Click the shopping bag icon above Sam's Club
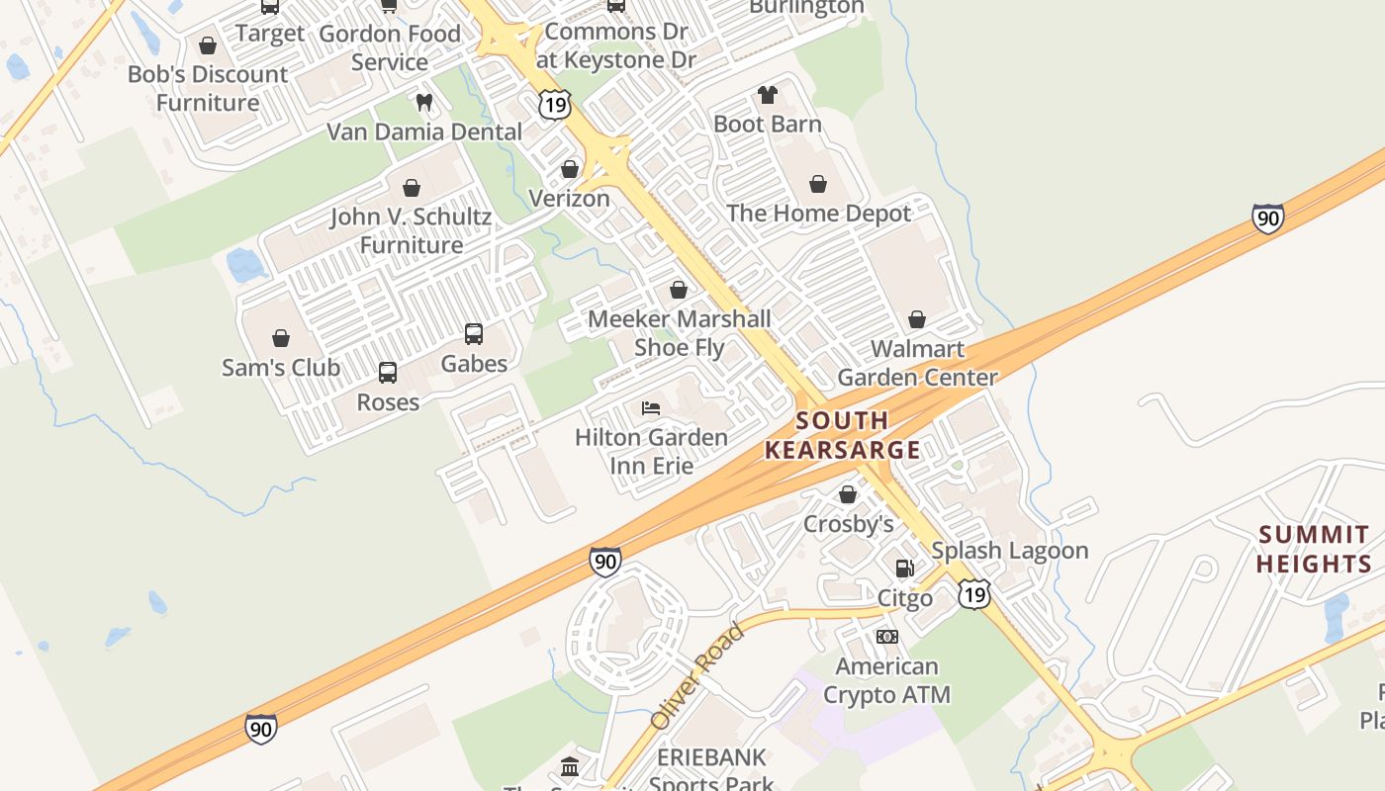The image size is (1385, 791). (281, 338)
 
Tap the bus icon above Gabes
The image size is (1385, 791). (474, 334)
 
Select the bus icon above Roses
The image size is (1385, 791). (388, 373)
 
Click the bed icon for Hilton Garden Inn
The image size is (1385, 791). (650, 407)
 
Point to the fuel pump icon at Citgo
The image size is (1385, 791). (904, 569)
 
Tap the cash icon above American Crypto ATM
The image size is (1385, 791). (886, 637)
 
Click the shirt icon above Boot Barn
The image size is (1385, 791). (768, 95)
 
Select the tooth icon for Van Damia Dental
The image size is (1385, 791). (424, 102)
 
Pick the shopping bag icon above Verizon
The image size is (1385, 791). (569, 169)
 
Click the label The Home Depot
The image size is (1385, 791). (818, 214)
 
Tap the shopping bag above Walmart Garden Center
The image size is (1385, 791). (917, 319)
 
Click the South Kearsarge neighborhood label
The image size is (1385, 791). (843, 435)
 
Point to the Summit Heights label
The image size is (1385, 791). (1315, 550)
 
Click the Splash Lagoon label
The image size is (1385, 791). (1009, 551)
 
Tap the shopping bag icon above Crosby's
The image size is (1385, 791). (848, 494)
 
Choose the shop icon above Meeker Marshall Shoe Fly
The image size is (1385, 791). (679, 290)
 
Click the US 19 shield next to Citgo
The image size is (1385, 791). (974, 593)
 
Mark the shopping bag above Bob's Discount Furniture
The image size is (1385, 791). (208, 45)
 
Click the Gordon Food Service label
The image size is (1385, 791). (390, 47)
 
